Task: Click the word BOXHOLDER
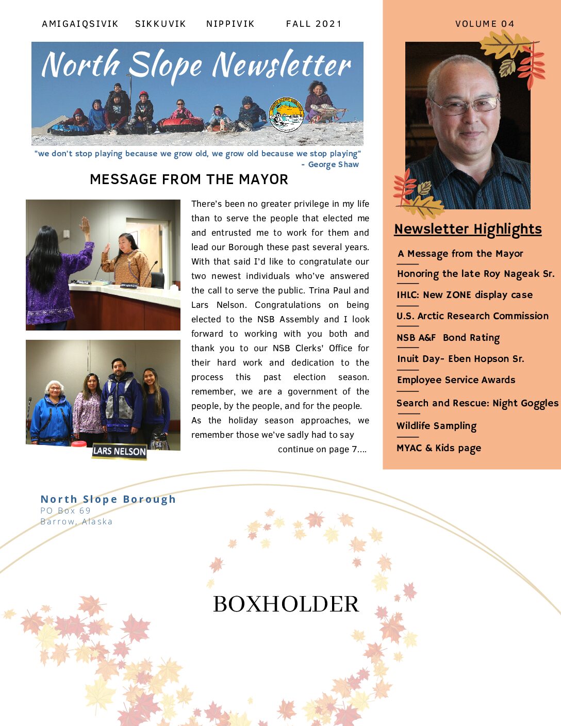coord(286,604)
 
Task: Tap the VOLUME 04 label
coord(485,24)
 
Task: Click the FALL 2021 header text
coord(313,24)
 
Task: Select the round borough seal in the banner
coord(286,114)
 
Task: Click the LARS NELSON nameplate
coord(119,451)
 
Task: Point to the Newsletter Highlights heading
coord(468,229)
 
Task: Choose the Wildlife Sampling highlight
coord(436,426)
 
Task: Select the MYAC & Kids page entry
coord(438,448)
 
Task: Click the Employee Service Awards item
coord(456,380)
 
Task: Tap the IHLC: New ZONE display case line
coord(464,295)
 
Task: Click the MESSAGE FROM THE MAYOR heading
coord(189,179)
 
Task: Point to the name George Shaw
coord(333,164)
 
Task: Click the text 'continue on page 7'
coord(322,450)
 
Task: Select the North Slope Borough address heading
coord(108,499)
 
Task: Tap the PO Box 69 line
coord(65,510)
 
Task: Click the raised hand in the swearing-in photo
coord(85,227)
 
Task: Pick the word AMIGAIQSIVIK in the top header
coord(80,24)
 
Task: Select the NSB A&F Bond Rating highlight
coord(448,338)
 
